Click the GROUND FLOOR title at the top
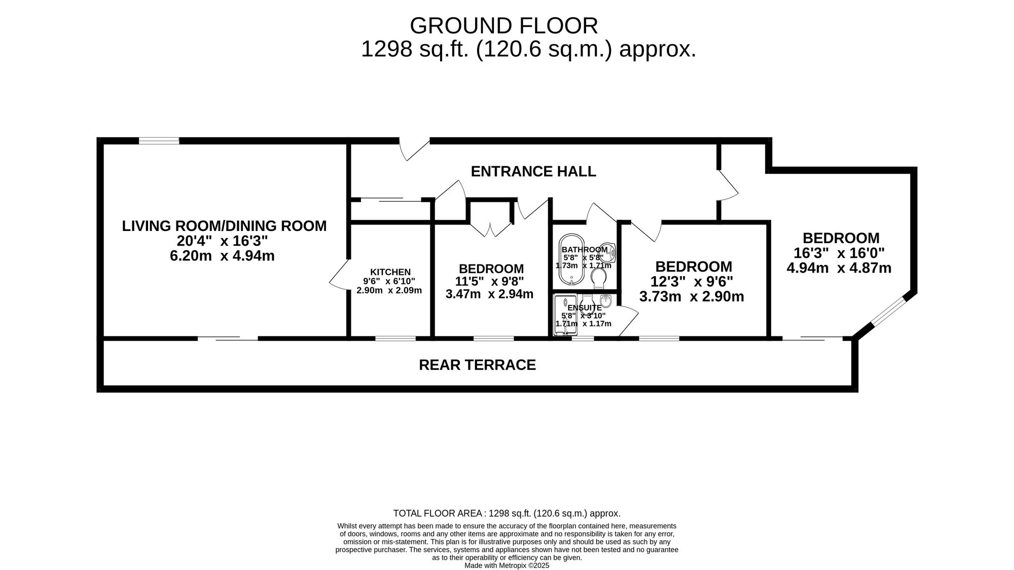(503, 25)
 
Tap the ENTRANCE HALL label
(533, 171)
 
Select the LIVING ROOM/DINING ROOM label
(224, 226)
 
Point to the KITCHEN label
(390, 272)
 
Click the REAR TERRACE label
(477, 365)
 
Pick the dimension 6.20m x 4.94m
(222, 255)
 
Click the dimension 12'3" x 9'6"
(692, 281)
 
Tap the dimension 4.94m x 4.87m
(839, 268)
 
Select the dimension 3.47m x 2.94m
(489, 294)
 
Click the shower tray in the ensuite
(565, 315)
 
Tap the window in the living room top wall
(159, 141)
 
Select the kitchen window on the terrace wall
(395, 338)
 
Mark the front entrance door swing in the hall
(413, 149)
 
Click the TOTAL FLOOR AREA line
(507, 513)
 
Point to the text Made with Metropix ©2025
(507, 565)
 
